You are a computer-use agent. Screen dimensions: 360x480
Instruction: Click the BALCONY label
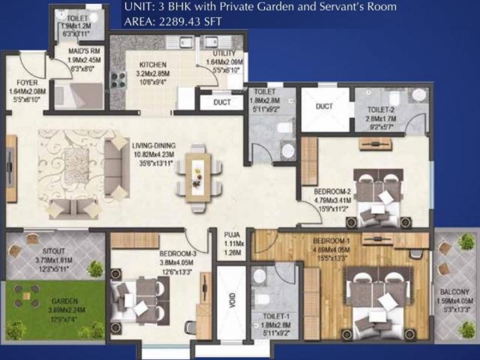click(x=451, y=292)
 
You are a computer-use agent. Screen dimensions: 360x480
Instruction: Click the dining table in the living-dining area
click(x=199, y=176)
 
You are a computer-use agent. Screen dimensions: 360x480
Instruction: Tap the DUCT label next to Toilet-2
click(x=324, y=106)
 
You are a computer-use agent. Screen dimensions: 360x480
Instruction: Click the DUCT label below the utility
click(x=222, y=102)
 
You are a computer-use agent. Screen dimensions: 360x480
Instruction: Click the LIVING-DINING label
click(x=154, y=146)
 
